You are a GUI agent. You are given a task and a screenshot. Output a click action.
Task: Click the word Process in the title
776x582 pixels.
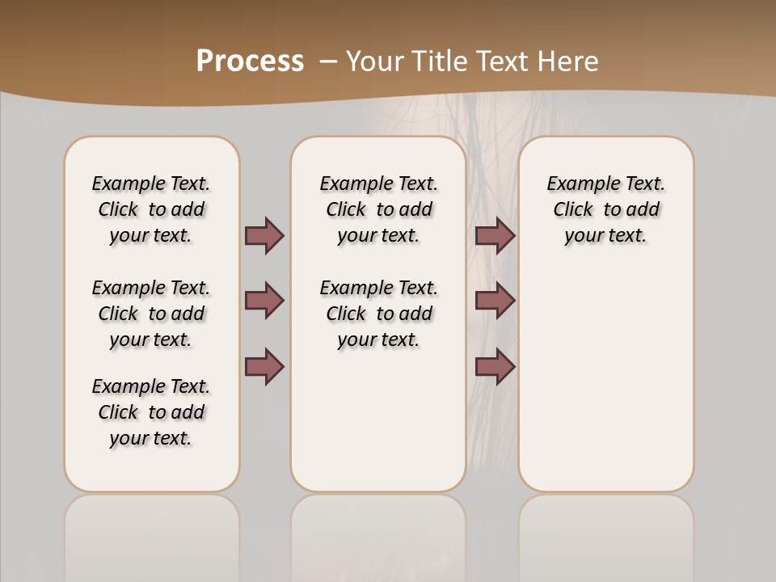(x=250, y=61)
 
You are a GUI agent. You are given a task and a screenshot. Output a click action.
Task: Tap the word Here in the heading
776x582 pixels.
(x=569, y=61)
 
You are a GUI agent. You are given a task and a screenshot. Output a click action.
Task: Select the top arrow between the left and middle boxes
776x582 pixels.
(x=264, y=235)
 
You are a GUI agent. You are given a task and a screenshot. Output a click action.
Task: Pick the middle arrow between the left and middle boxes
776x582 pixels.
(x=264, y=301)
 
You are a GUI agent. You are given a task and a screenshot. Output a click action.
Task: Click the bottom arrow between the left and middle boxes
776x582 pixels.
(x=264, y=366)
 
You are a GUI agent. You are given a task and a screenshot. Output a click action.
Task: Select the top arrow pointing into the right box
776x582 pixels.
(x=495, y=235)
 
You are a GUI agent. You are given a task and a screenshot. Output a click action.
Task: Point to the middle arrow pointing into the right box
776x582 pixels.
(x=495, y=301)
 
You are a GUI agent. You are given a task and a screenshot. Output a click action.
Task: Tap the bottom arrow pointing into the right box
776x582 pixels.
(x=495, y=366)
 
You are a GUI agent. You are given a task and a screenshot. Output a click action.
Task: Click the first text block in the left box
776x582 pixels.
(x=151, y=209)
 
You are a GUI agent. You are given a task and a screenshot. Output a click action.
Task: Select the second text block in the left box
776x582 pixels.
(x=151, y=314)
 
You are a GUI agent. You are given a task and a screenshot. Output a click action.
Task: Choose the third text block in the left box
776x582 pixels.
(x=151, y=412)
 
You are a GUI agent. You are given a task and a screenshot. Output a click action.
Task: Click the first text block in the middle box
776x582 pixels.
(x=378, y=209)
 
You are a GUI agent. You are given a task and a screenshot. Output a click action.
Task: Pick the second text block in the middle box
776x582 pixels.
(x=378, y=314)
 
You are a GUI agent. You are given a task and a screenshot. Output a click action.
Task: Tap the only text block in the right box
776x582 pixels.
(x=605, y=209)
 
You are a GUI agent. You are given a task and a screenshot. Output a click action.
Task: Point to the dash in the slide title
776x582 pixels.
(x=328, y=61)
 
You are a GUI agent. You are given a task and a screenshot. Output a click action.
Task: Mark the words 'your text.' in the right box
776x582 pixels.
(x=605, y=236)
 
